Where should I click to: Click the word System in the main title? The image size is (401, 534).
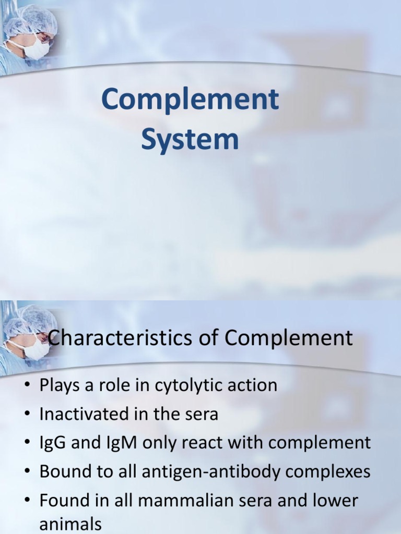pyautogui.click(x=190, y=139)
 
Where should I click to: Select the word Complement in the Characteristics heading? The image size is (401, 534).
pyautogui.click(x=289, y=338)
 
